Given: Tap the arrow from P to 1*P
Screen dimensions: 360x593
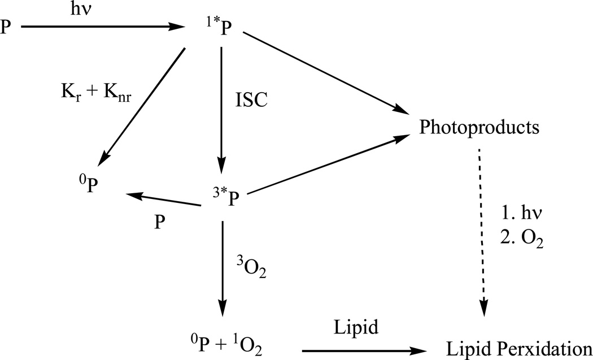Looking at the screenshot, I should [x=102, y=26].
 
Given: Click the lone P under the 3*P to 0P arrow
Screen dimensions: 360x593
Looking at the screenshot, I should [x=160, y=222].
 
